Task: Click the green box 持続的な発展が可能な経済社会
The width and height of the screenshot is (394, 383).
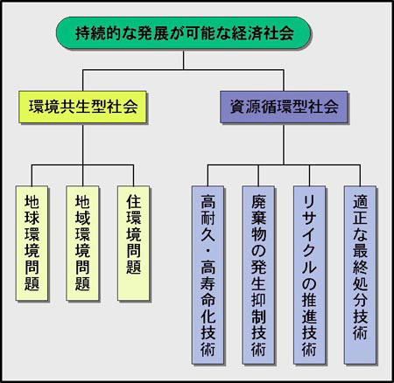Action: (x=183, y=33)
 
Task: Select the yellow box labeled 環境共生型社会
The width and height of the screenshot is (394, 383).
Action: (x=82, y=107)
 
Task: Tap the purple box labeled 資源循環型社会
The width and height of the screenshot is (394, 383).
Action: (x=284, y=107)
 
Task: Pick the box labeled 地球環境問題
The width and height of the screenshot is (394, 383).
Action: (x=32, y=243)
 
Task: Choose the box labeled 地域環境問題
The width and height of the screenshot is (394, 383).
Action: (x=82, y=243)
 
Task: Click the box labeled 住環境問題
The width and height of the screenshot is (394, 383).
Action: (x=134, y=243)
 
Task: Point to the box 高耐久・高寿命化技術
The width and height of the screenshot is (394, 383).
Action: (x=208, y=275)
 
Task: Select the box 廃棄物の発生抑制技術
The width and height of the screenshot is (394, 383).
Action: (x=258, y=275)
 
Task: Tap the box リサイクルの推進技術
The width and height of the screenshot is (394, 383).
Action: (x=309, y=275)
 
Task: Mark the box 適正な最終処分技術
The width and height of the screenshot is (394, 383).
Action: (x=360, y=275)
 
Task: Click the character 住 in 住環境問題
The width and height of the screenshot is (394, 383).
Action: (x=134, y=202)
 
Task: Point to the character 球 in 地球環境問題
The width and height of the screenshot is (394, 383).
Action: (x=32, y=219)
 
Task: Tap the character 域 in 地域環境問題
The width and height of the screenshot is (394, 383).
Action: (x=82, y=219)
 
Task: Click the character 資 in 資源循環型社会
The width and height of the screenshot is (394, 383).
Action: (x=238, y=107)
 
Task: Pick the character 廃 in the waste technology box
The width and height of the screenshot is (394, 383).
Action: (x=258, y=202)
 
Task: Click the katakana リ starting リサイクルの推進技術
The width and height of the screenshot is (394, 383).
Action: (x=309, y=202)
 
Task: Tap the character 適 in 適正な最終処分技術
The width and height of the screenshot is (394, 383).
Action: (x=360, y=202)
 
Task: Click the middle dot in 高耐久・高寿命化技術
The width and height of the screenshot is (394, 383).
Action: (x=208, y=251)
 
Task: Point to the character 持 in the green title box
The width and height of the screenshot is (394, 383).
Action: (x=83, y=33)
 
